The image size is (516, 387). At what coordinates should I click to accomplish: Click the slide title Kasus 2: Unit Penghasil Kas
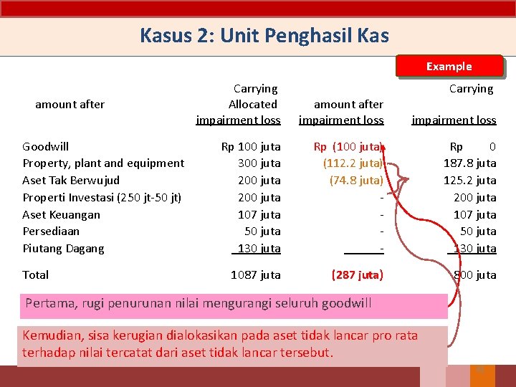pyautogui.click(x=264, y=35)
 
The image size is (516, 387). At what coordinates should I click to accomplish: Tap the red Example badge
pyautogui.click(x=449, y=66)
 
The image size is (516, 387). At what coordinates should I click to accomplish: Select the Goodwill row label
pyautogui.click(x=46, y=146)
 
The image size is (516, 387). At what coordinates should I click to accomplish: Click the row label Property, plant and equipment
pyautogui.click(x=103, y=163)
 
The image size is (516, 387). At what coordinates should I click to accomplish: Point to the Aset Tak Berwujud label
pyautogui.click(x=71, y=181)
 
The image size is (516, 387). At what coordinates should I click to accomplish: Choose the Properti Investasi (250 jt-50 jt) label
pyautogui.click(x=102, y=197)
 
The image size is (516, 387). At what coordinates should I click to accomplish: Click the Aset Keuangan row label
pyautogui.click(x=62, y=214)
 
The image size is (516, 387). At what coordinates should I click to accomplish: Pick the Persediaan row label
pyautogui.click(x=51, y=231)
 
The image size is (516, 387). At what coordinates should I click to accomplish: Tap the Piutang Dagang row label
pyautogui.click(x=63, y=249)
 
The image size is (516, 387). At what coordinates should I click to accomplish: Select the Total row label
pyautogui.click(x=36, y=275)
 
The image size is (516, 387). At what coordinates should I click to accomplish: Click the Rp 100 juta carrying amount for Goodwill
pyautogui.click(x=251, y=147)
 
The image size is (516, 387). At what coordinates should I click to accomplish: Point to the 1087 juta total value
pyautogui.click(x=256, y=275)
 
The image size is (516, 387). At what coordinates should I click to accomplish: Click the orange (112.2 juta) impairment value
pyautogui.click(x=353, y=163)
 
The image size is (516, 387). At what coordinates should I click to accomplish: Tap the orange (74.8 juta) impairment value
pyautogui.click(x=356, y=181)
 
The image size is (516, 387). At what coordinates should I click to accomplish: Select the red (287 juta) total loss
pyautogui.click(x=357, y=275)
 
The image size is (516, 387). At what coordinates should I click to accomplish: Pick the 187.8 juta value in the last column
pyautogui.click(x=470, y=163)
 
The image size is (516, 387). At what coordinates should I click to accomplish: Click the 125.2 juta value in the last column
pyautogui.click(x=470, y=181)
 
